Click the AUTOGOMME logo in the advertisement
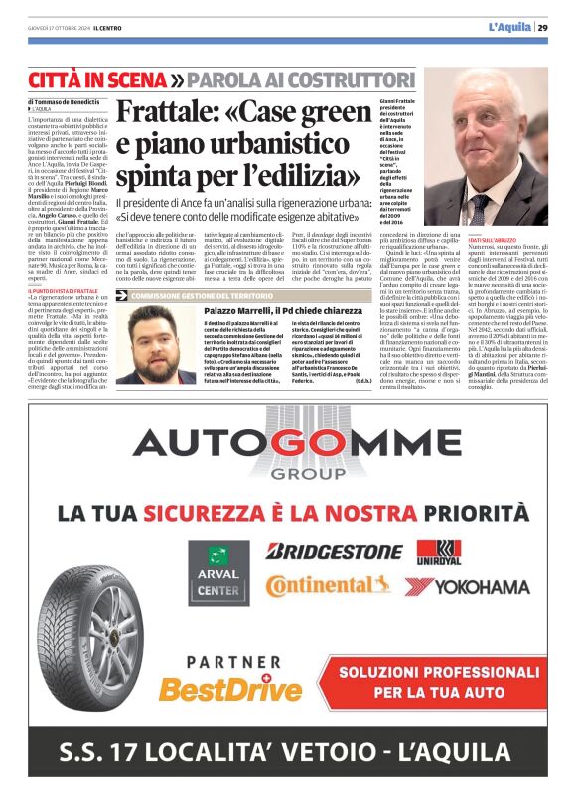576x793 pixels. click(x=287, y=449)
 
